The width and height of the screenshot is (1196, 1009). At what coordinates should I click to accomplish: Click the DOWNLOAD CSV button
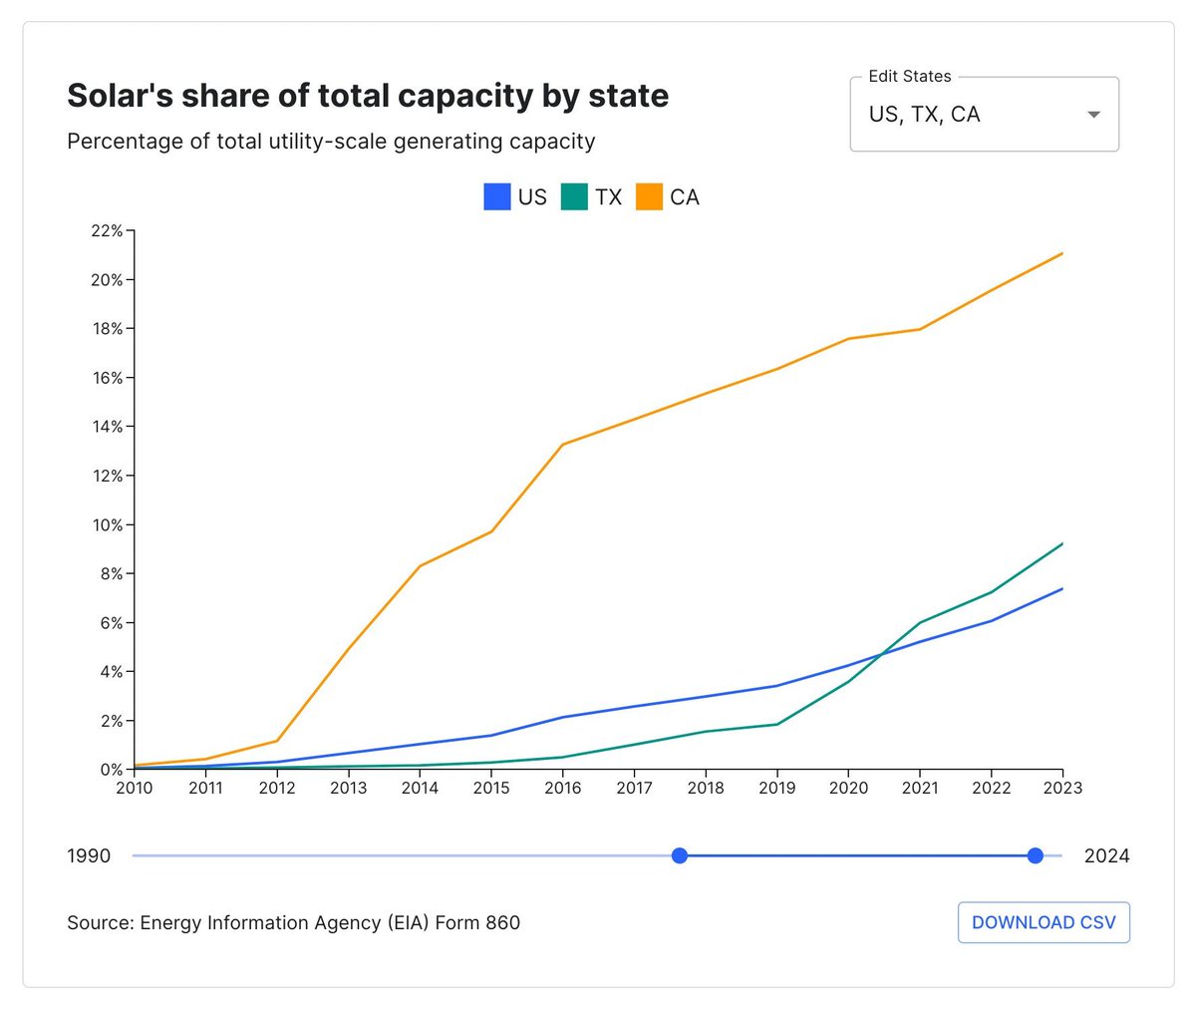(1044, 922)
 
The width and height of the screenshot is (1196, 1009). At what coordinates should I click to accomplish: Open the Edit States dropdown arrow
(1093, 115)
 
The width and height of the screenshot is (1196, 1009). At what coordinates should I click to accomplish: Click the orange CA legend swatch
(649, 196)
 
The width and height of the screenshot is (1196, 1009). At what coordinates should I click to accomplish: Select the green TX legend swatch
(574, 196)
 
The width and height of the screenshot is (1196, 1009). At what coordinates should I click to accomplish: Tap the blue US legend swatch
(497, 196)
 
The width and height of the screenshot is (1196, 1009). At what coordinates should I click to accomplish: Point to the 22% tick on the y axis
(110, 231)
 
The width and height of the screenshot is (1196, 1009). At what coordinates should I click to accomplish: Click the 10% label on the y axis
(108, 524)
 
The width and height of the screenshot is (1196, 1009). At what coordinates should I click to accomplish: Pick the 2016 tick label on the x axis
(563, 788)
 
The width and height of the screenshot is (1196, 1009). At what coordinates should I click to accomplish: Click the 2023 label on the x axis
(1062, 788)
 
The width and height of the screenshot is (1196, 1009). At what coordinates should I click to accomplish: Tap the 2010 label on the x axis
(135, 788)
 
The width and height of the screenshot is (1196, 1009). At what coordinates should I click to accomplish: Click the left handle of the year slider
(680, 855)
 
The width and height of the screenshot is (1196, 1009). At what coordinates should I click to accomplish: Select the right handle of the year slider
(1035, 855)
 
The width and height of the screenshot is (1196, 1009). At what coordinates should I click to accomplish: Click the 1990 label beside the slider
(89, 855)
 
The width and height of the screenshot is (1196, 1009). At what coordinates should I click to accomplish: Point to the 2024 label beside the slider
(1106, 855)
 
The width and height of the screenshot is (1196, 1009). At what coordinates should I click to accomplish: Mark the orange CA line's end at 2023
(1062, 253)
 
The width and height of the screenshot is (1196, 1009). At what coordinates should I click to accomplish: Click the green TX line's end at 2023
(1062, 543)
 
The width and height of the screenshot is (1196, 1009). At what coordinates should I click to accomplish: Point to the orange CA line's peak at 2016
(563, 445)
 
